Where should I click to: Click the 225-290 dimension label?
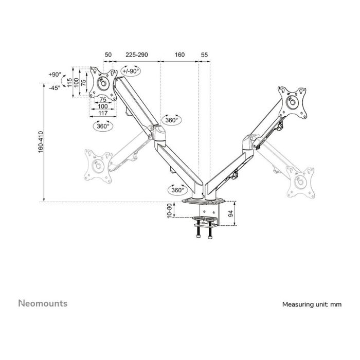[137, 53]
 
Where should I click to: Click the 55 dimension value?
[205, 53]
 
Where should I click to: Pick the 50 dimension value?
[108, 53]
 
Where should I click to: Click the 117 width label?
[102, 113]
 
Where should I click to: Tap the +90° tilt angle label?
[54, 75]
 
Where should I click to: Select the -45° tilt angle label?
[54, 87]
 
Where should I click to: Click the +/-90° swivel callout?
[131, 71]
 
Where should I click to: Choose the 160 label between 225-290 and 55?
[179, 53]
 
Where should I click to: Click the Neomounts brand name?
[43, 303]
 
